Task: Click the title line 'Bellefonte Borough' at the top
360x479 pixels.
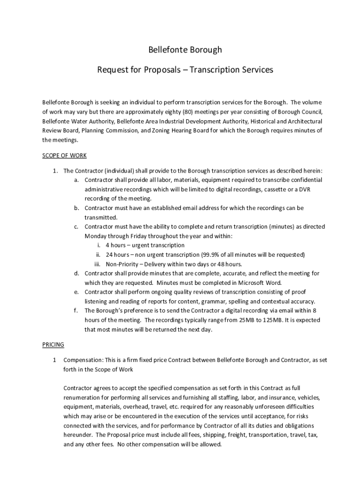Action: (x=185, y=50)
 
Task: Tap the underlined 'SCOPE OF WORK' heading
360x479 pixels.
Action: (x=65, y=155)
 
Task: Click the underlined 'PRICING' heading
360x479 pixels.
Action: (x=53, y=345)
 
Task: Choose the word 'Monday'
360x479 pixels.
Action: (x=95, y=236)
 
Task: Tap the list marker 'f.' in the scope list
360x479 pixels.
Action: (x=76, y=311)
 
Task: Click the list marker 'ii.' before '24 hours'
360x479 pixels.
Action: (x=98, y=254)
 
